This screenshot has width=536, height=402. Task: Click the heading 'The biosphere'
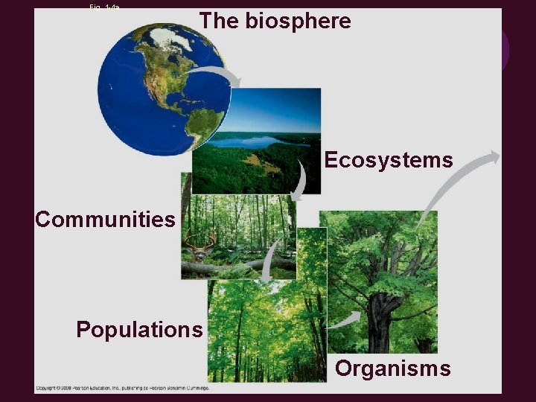click(275, 22)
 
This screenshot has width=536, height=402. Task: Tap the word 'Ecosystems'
click(388, 160)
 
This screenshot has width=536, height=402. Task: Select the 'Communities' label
click(105, 220)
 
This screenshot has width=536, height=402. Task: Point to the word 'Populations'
click(139, 329)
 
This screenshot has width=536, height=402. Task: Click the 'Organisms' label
click(392, 368)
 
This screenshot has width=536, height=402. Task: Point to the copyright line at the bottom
click(123, 387)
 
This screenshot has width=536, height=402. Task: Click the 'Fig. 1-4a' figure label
click(105, 6)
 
